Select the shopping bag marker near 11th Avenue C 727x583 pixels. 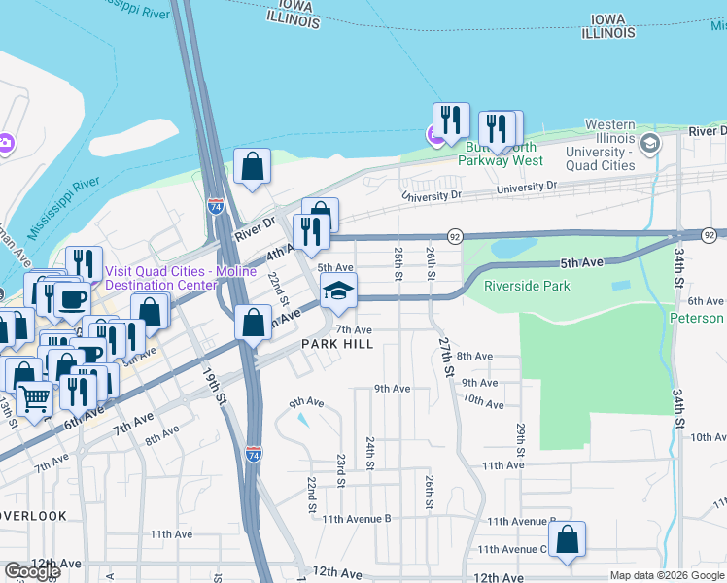[567, 540]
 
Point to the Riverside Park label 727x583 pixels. [527, 287]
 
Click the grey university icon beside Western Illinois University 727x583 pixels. [650, 144]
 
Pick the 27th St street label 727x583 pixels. [446, 357]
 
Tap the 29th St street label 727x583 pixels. [521, 434]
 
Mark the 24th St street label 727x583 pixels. [370, 452]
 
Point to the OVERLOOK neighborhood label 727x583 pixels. [33, 516]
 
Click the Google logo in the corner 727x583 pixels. [32, 570]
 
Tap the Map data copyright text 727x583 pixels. [666, 576]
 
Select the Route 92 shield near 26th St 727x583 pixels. [454, 237]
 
